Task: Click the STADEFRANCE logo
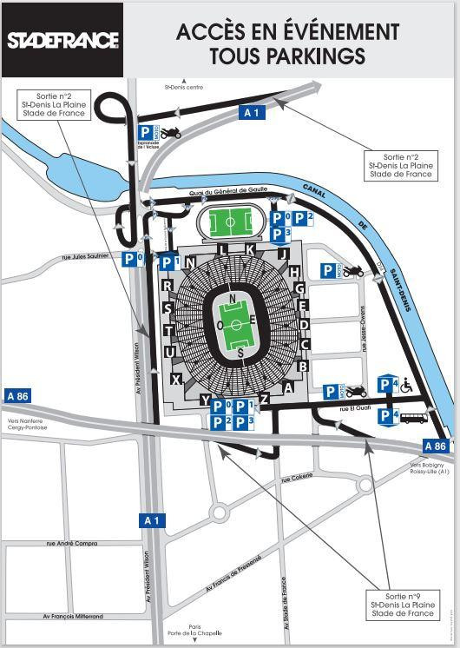62,41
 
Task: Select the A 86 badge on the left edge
16,395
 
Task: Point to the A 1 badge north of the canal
251,111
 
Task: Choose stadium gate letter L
223,250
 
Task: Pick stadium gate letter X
176,380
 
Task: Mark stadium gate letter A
288,388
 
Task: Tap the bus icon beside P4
414,418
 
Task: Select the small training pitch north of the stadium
230,222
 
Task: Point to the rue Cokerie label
296,479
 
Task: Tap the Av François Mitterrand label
74,616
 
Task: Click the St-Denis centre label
182,87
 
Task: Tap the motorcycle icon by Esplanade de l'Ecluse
170,133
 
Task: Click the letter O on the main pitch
221,324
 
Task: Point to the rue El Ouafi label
357,407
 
